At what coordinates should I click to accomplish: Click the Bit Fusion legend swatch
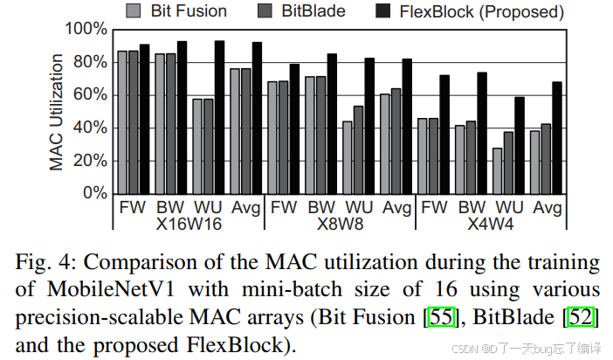[x=134, y=11]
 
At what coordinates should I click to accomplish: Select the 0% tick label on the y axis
[x=94, y=193]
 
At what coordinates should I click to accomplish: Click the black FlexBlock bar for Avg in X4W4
[x=557, y=137]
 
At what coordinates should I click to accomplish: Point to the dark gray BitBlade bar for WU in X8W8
[x=358, y=149]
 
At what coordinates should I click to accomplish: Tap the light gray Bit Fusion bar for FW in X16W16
[x=123, y=121]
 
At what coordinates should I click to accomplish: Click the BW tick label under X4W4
[x=472, y=208]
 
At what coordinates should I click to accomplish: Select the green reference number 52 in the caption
[x=583, y=318]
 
